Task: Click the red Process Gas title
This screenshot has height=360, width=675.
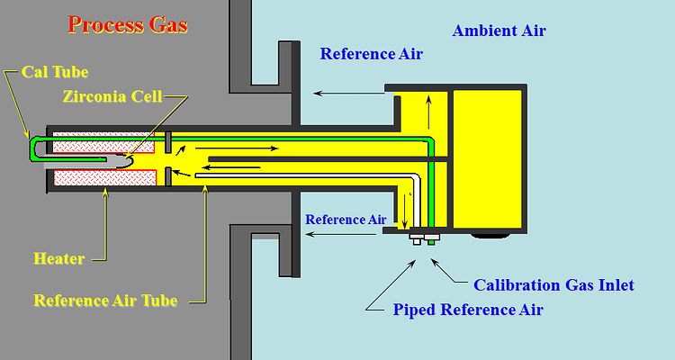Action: (x=128, y=24)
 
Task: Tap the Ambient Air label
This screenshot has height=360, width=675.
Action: (x=499, y=31)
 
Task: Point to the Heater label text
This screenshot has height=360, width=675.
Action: (x=58, y=258)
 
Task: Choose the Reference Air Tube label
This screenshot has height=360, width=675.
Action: (x=104, y=301)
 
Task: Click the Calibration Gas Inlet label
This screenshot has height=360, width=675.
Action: (x=553, y=285)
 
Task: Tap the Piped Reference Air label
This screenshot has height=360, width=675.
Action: (x=468, y=310)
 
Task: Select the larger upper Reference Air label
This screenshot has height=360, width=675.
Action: (x=371, y=54)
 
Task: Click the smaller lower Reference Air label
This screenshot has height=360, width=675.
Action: (x=346, y=219)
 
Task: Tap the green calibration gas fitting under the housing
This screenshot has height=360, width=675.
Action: (x=432, y=240)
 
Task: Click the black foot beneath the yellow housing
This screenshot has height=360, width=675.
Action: (x=488, y=236)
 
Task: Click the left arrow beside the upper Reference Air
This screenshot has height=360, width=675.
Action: (x=346, y=91)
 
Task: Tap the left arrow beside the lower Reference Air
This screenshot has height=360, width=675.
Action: (x=340, y=234)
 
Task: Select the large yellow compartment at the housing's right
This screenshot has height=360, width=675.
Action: (x=486, y=157)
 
